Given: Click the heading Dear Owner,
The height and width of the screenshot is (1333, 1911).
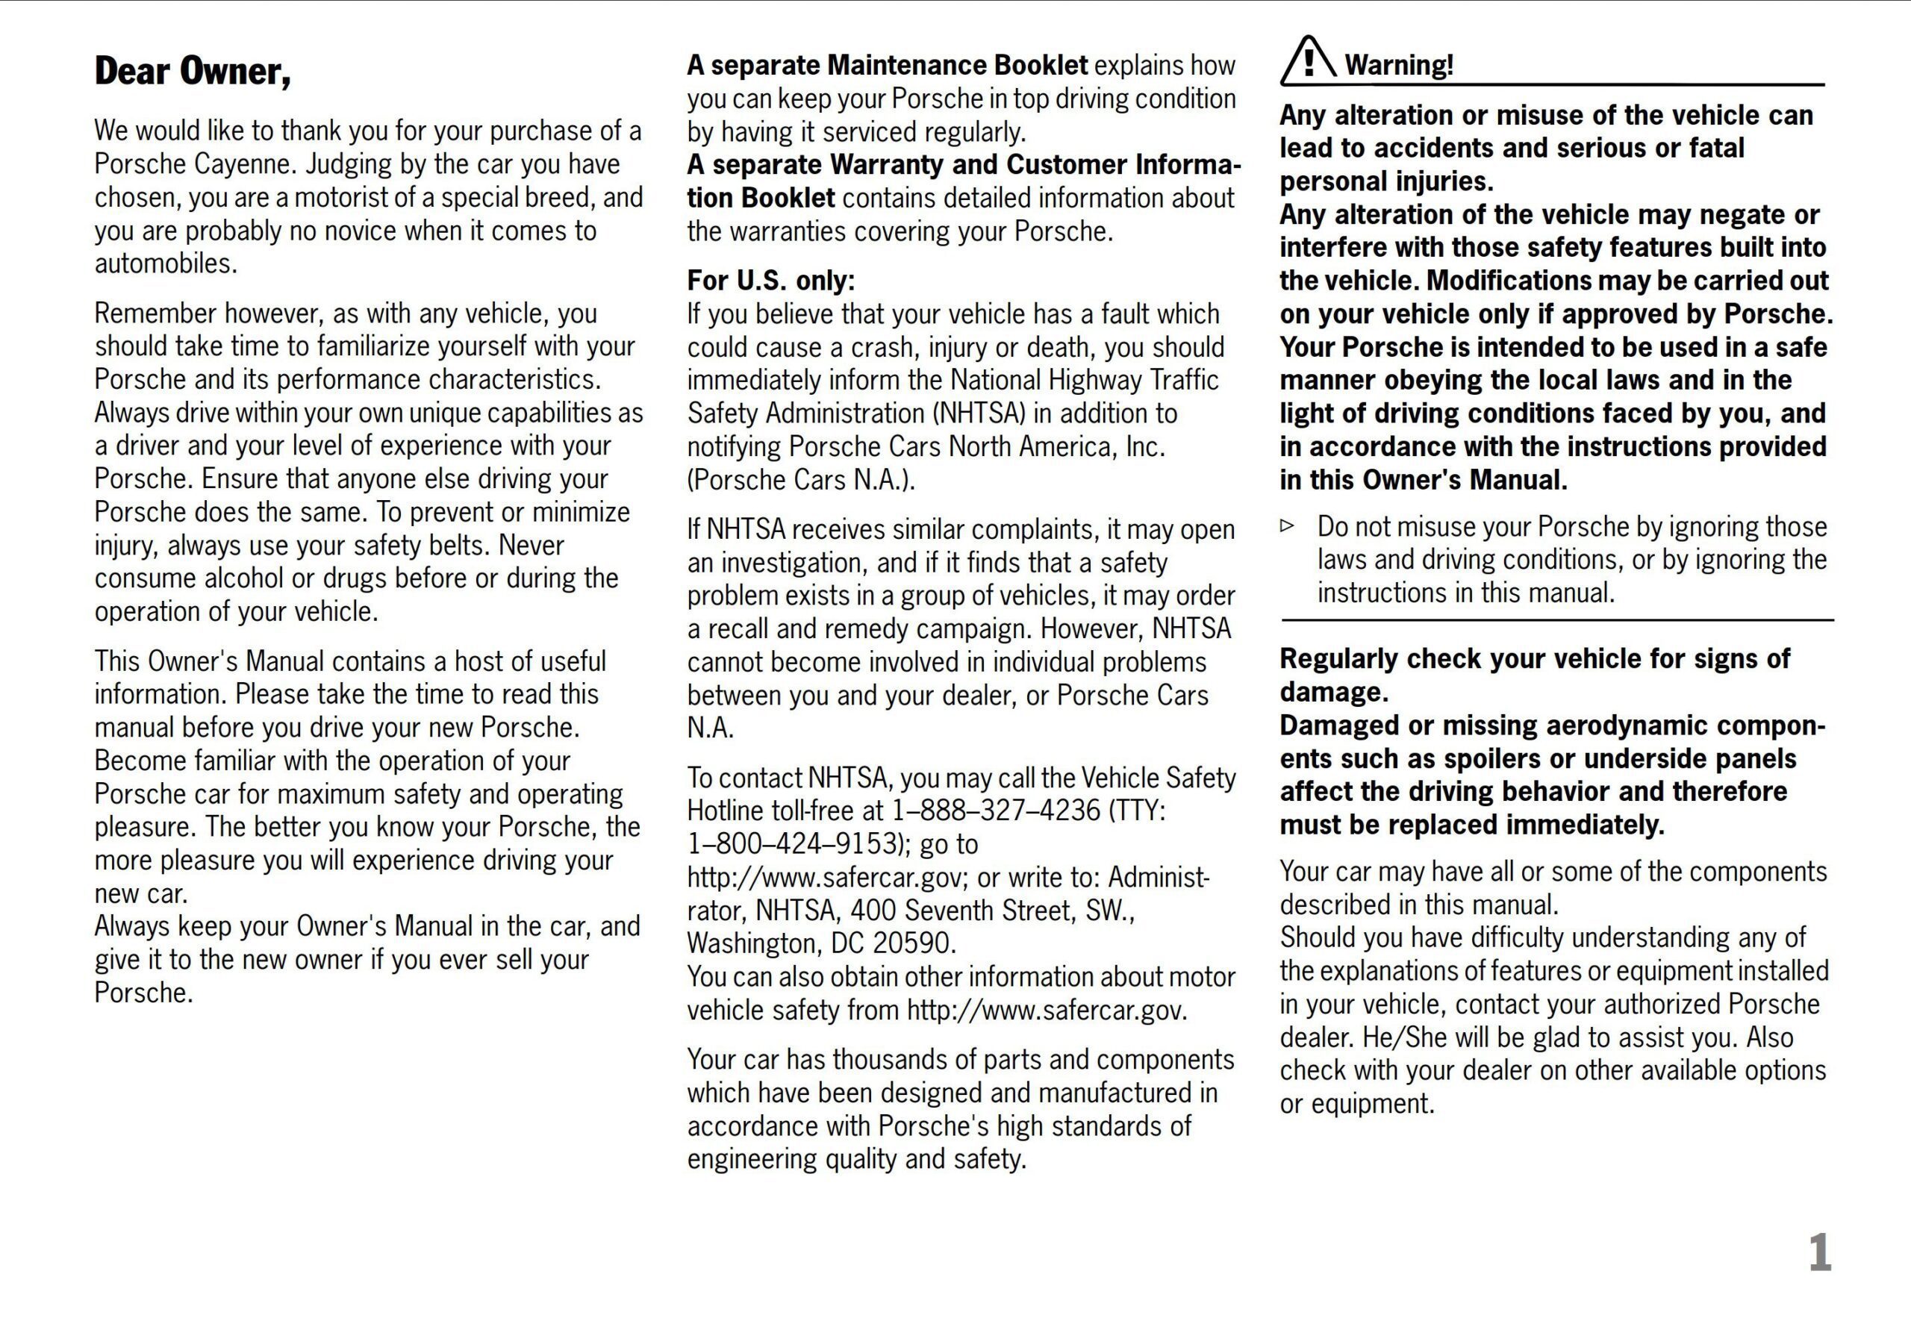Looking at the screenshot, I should (193, 72).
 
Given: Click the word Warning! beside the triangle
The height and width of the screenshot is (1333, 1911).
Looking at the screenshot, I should (1398, 65).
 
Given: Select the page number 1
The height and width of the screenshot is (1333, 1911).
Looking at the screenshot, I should (1819, 1253).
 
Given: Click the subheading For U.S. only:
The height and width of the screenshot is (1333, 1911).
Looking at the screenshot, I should (770, 281).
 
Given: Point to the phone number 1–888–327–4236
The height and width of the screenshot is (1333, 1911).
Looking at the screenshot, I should (996, 811).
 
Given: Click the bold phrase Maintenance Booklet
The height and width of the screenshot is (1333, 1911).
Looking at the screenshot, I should (957, 65).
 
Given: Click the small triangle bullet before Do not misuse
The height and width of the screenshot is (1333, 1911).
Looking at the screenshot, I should (1288, 526).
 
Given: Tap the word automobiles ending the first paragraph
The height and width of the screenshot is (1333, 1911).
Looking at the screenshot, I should (166, 263).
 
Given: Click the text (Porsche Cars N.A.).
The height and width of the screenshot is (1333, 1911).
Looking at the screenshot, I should (801, 480).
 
